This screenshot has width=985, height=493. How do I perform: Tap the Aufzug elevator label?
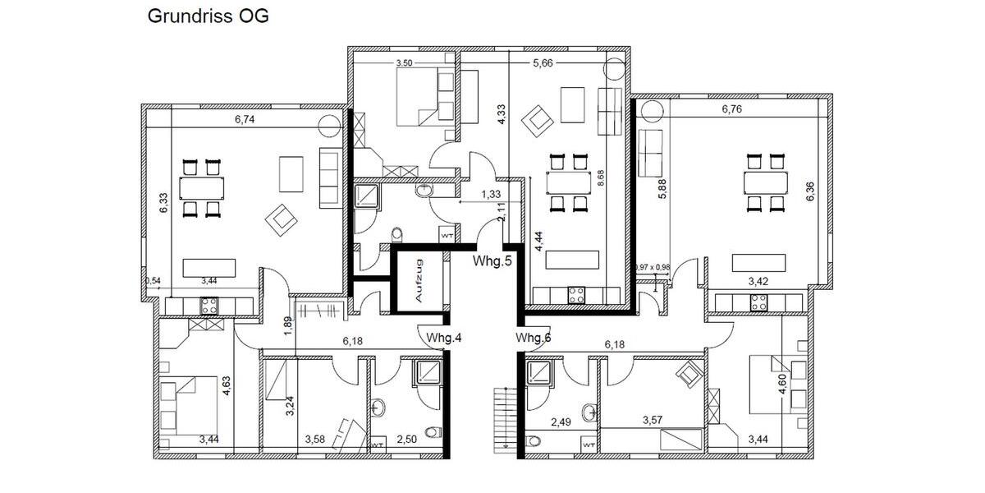point(419,280)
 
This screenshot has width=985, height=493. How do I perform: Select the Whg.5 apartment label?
point(492,262)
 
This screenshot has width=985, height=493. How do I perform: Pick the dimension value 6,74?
point(245,119)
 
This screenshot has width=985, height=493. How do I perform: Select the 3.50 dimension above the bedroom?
point(404,62)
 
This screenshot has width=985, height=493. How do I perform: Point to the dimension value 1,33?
point(491,194)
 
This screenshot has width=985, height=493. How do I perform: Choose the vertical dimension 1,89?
point(288,325)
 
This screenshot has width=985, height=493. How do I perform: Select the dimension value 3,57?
point(653,421)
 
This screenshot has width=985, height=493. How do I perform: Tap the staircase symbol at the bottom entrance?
point(501,420)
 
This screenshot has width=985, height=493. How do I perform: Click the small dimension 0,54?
point(153,281)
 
